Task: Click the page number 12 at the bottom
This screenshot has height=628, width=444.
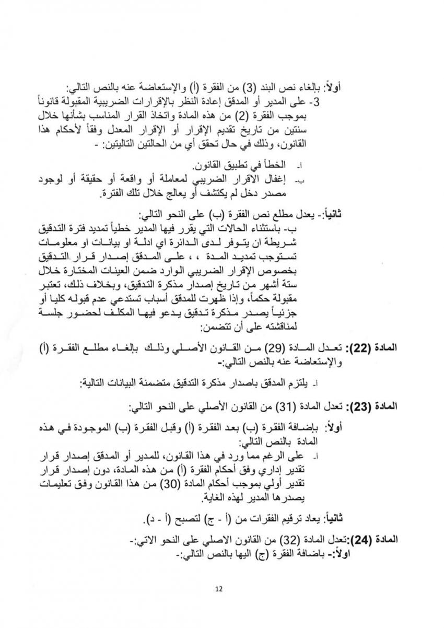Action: (x=219, y=589)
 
